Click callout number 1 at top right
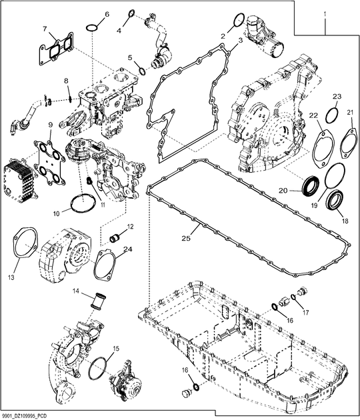pyautogui.click(x=325, y=13)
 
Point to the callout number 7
pyautogui.click(x=45, y=29)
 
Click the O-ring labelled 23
pyautogui.click(x=330, y=117)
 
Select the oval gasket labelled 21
pyautogui.click(x=344, y=143)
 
